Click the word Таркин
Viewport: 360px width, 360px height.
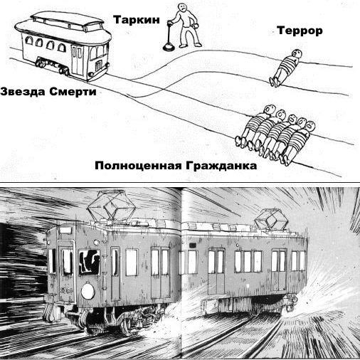[137, 20]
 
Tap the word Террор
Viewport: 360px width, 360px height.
[300, 31]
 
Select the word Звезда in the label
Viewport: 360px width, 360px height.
[23, 92]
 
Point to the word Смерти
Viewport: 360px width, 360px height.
[73, 92]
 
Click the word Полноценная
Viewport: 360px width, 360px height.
[139, 166]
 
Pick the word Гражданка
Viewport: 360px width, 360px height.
[221, 166]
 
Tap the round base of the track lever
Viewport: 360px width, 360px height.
[169, 48]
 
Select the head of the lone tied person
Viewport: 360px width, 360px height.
[297, 53]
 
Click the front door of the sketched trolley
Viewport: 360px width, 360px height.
[78, 61]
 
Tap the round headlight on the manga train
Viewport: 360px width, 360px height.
[88, 291]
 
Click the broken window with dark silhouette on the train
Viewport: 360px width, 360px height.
[90, 262]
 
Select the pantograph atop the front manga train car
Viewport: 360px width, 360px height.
[112, 206]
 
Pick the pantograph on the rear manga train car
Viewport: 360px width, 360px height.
[271, 218]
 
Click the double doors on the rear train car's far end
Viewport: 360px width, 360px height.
[279, 270]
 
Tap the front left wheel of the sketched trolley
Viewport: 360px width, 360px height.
[41, 63]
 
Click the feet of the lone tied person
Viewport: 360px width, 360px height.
[275, 82]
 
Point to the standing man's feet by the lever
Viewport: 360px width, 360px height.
[191, 45]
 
